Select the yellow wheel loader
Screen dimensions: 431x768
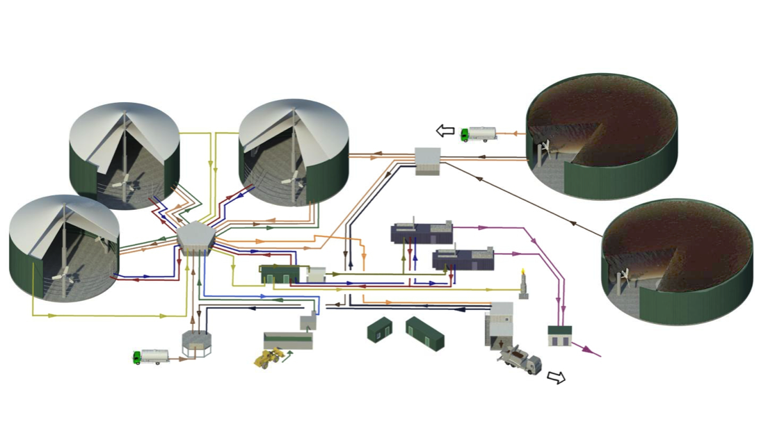point(269,358)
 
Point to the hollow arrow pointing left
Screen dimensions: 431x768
point(445,130)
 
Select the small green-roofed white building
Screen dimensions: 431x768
point(559,335)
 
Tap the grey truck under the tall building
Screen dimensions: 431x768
point(520,359)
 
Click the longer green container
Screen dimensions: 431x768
point(424,333)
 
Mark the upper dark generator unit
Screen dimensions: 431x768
point(422,232)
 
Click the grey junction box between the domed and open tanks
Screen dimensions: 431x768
point(428,161)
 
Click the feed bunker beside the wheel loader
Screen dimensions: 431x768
point(288,341)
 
